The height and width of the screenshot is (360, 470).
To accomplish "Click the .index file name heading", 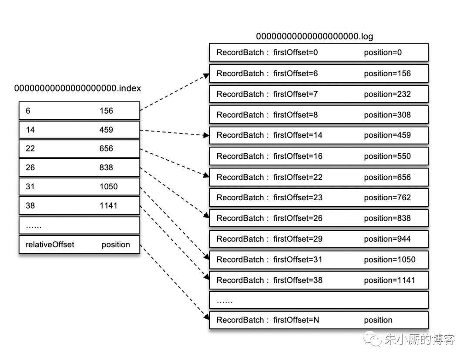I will tap(78, 88).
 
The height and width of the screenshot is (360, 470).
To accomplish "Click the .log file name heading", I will tap(314, 36).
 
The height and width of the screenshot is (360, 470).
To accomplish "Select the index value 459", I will tap(106, 130).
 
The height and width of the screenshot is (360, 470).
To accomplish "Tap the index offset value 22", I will tap(30, 148).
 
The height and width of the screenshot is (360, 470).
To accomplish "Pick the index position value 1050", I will tap(108, 187).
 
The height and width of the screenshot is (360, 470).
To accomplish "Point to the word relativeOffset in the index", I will tap(50, 245).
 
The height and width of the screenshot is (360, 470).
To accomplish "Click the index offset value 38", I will tap(30, 205).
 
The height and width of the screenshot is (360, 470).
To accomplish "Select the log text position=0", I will tap(383, 53).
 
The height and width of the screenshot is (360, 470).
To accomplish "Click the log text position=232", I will tap(387, 94).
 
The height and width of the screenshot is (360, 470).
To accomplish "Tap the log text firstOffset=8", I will tap(295, 115).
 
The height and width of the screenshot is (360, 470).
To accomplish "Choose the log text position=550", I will tap(387, 156).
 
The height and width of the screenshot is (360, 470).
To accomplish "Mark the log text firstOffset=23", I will tap(298, 198).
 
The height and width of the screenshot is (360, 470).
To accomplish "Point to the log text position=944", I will tap(387, 239).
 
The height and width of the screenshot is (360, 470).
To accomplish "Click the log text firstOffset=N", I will tap(296, 320).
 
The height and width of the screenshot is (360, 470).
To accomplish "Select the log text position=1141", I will tap(389, 280).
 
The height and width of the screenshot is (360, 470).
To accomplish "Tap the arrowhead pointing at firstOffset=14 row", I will tap(206, 135).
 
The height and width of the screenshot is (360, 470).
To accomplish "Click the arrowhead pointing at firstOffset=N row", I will tap(206, 319).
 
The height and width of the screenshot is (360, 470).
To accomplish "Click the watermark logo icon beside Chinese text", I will tap(373, 339).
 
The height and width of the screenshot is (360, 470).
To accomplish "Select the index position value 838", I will tap(106, 168).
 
